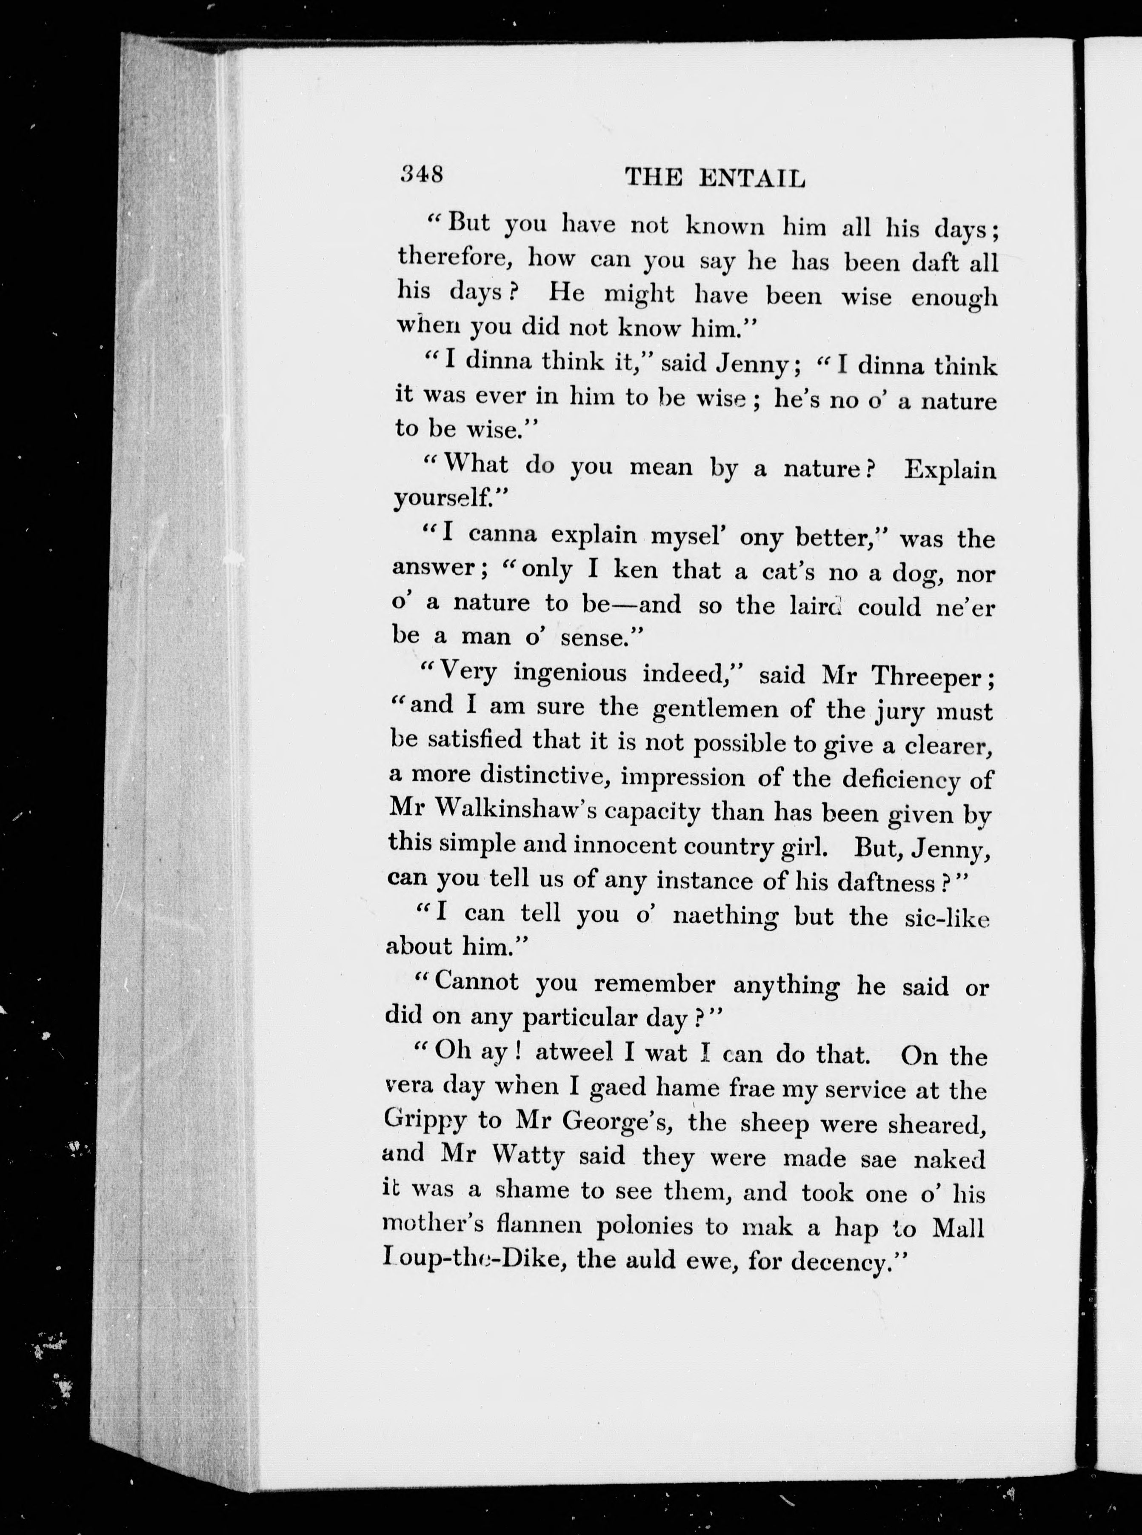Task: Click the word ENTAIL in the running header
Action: coord(752,179)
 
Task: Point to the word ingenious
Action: coord(570,673)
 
